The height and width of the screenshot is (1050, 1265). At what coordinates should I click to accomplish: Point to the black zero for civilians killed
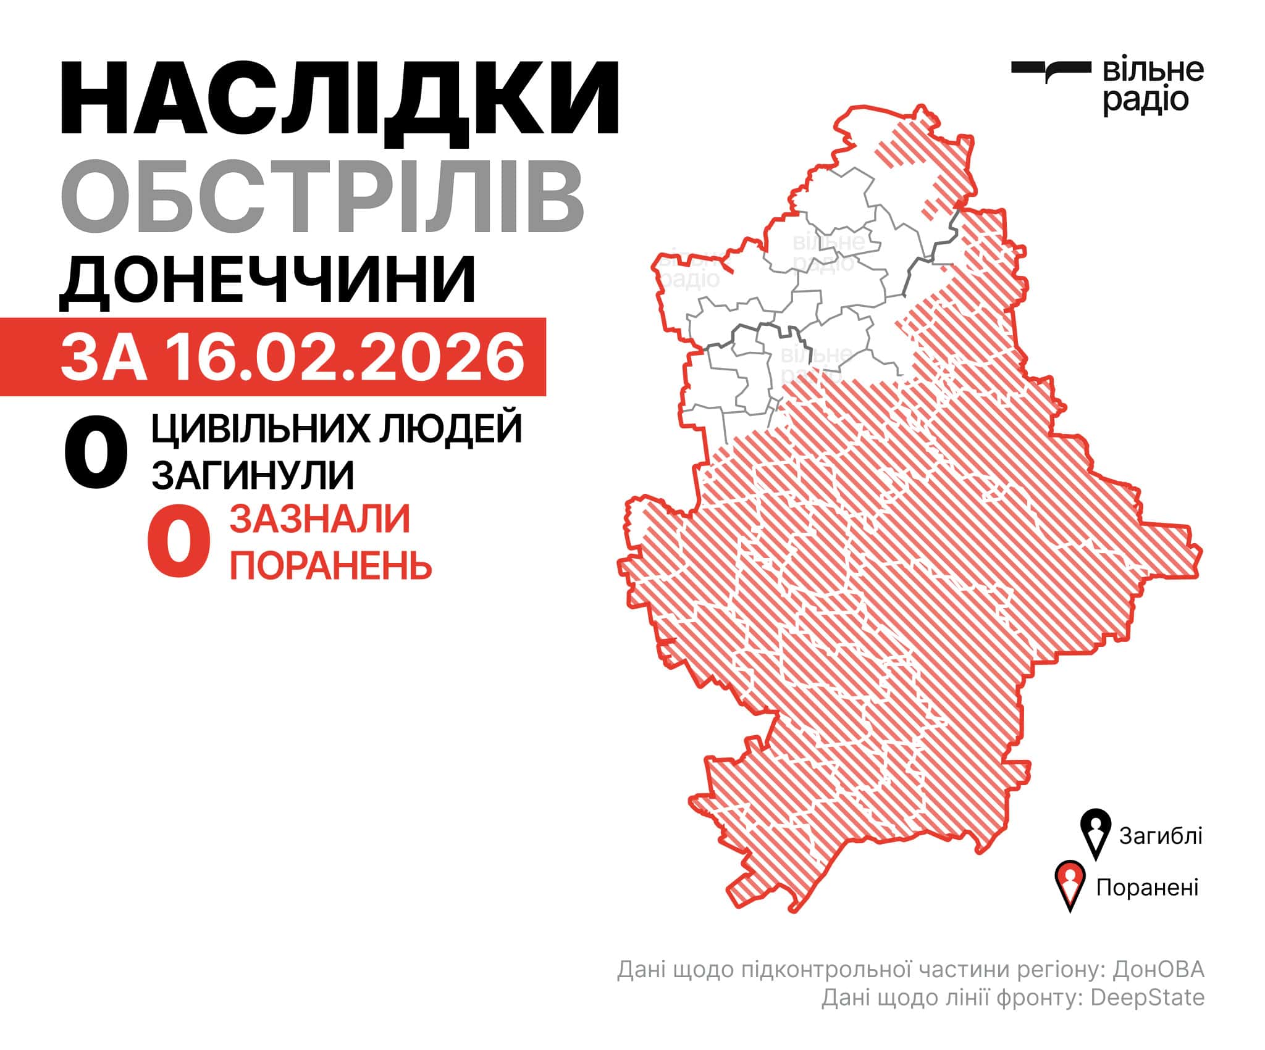96,453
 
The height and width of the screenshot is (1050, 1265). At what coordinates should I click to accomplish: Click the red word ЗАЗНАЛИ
320,519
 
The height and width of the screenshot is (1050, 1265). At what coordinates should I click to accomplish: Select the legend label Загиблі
1160,836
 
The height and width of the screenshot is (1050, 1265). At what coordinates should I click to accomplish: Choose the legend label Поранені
1147,887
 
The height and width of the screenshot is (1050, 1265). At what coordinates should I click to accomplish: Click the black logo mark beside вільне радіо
1050,70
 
